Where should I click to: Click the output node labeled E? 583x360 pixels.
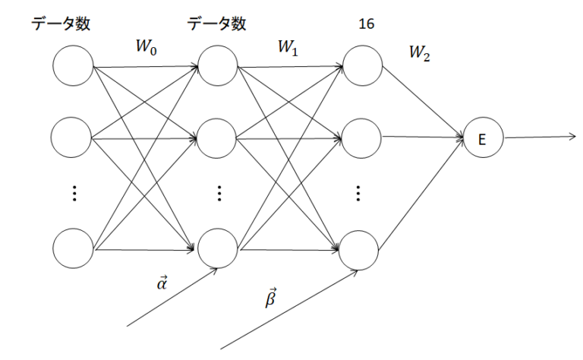[484, 139]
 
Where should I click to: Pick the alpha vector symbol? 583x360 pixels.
[162, 283]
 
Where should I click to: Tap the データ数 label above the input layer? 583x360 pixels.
[61, 24]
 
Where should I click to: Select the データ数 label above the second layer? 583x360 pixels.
[217, 24]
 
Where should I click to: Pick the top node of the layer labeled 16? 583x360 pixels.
[361, 65]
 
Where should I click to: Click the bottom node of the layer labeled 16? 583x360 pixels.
[361, 248]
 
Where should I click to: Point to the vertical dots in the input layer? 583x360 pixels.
[74, 194]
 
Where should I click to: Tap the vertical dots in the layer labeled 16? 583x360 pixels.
[359, 194]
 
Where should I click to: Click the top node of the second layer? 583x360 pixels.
[218, 65]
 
